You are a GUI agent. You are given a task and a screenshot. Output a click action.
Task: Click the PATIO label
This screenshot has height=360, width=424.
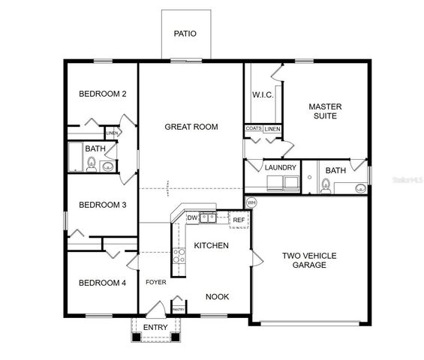[185, 34]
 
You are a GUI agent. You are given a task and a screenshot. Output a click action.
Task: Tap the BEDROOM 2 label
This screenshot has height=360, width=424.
[102, 94]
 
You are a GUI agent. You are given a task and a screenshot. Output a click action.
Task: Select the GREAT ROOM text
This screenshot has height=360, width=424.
[191, 127]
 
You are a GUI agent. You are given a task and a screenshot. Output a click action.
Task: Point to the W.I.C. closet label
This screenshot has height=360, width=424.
[263, 94]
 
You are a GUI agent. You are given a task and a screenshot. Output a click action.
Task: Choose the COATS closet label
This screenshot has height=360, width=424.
[253, 129]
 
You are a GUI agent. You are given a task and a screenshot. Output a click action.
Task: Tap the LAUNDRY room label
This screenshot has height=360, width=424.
[281, 167]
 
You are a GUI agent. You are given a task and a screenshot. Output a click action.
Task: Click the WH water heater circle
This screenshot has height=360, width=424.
[251, 202]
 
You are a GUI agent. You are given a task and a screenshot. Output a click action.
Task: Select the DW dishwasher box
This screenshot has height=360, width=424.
[192, 218]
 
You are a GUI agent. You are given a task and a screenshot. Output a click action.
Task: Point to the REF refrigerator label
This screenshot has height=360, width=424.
[238, 220]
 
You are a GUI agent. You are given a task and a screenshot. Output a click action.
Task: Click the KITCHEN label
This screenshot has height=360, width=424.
[211, 245]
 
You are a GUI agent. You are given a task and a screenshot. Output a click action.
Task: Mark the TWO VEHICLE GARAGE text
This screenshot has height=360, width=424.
[309, 260]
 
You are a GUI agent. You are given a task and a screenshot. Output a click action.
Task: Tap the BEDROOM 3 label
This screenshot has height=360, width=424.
[102, 205]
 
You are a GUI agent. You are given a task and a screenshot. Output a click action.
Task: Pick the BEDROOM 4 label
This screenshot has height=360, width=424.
[102, 283]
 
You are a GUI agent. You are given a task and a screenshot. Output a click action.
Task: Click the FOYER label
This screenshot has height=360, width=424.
[156, 283]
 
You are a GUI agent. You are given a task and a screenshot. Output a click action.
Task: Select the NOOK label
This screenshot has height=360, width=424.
[218, 297]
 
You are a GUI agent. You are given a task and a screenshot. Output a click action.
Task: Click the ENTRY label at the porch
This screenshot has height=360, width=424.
[155, 327]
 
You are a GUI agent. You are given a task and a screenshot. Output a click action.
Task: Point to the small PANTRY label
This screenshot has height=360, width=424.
[179, 309]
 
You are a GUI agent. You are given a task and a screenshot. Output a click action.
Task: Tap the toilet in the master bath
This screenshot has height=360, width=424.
[326, 184]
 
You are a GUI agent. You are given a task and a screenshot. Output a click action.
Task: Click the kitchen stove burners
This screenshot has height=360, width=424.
[179, 259]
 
